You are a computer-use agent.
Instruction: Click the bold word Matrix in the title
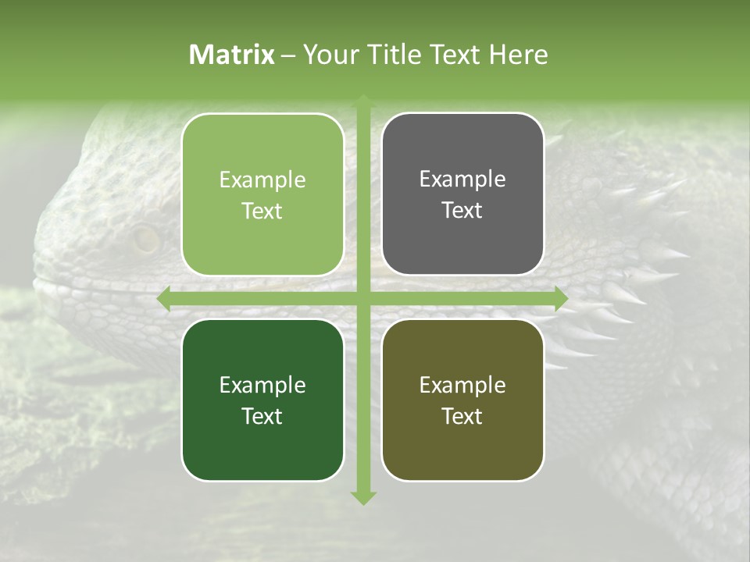[232, 55]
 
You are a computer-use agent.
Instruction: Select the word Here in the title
[518, 55]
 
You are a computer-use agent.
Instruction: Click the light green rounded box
[262, 194]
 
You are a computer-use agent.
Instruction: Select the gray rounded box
[462, 194]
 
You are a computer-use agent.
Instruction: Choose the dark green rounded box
[262, 400]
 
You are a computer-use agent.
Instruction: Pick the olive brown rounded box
[462, 400]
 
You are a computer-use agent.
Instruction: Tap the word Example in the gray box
[462, 180]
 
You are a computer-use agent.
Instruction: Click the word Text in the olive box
[462, 416]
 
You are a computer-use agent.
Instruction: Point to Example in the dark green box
[262, 385]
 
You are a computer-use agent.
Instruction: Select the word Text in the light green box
[262, 211]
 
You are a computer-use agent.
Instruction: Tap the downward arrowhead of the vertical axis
[362, 497]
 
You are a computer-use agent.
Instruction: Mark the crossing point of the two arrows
[362, 299]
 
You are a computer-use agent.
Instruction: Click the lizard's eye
[145, 239]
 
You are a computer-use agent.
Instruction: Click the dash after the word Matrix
[288, 55]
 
